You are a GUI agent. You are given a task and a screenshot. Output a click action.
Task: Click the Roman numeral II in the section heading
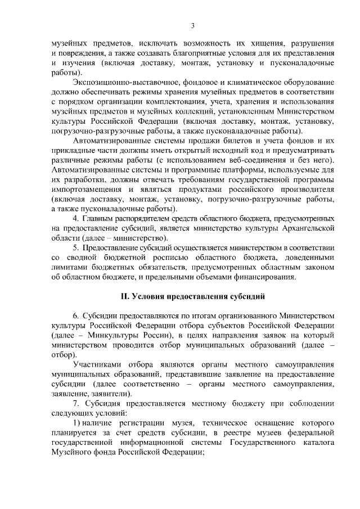click(x=127, y=297)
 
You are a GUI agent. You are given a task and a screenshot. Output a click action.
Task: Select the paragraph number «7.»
click(x=77, y=404)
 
